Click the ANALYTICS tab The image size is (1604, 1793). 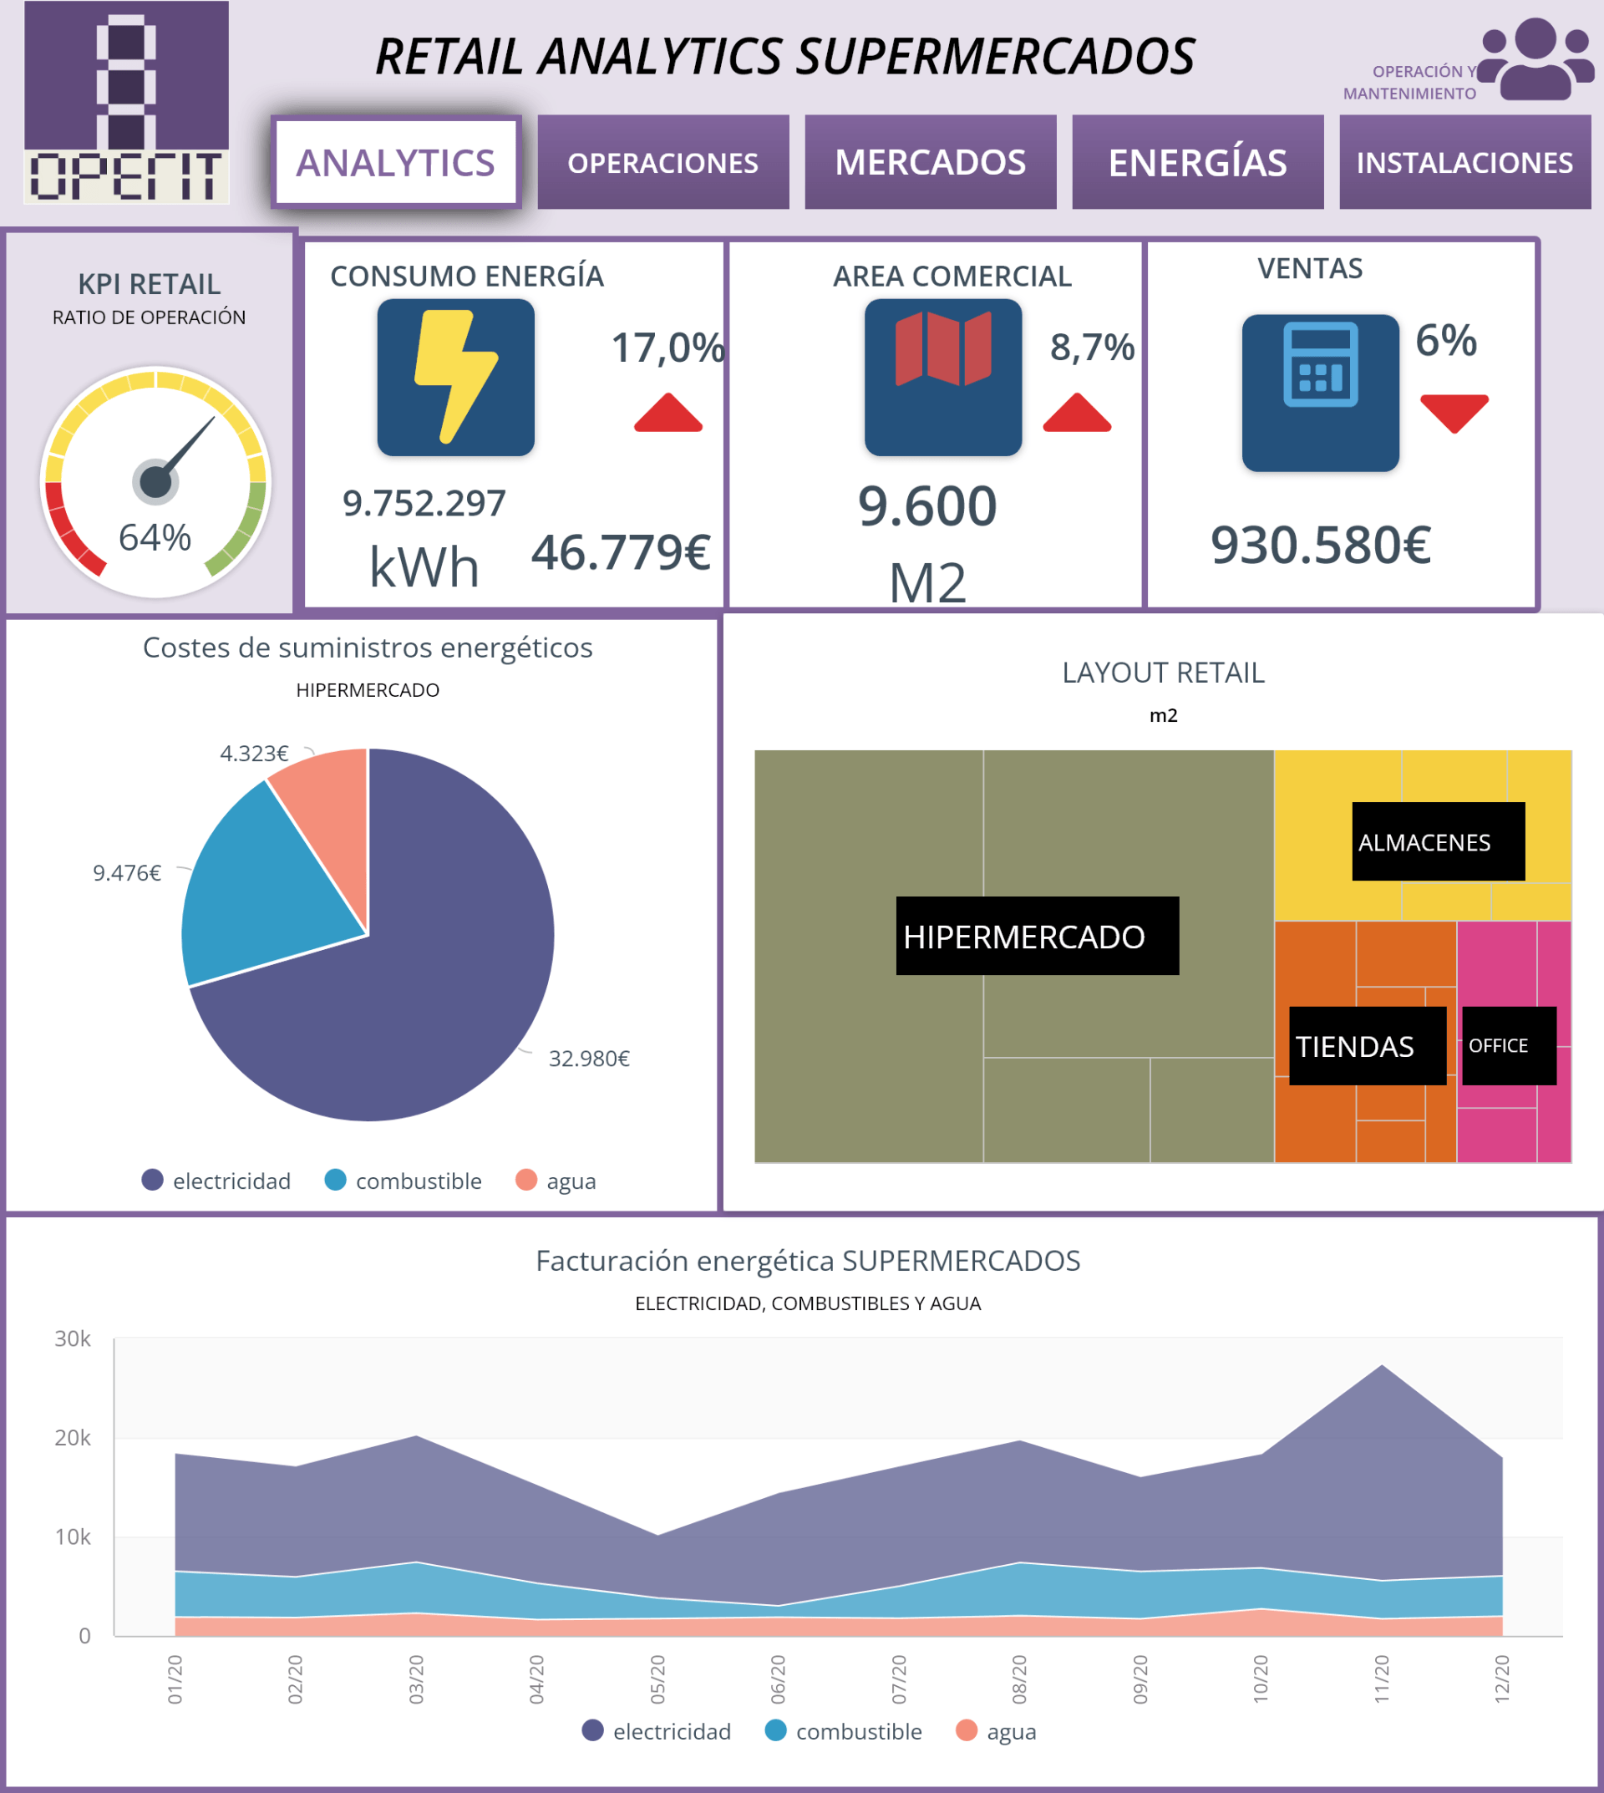click(x=396, y=162)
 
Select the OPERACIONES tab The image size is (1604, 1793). click(x=662, y=162)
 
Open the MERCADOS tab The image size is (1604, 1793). click(x=930, y=162)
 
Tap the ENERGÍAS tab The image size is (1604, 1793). click(x=1197, y=162)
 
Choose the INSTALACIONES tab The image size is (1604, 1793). click(x=1464, y=162)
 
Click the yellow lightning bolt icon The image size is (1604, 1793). click(x=456, y=378)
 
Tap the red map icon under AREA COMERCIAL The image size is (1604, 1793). click(x=943, y=348)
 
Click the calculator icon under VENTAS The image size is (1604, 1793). click(x=1320, y=365)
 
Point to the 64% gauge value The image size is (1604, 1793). click(x=155, y=537)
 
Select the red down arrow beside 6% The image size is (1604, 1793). click(x=1454, y=413)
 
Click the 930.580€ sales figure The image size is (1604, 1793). click(x=1320, y=545)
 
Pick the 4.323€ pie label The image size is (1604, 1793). click(x=254, y=754)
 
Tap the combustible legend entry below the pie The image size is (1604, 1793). click(x=404, y=1181)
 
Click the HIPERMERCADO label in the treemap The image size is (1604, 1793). click(x=1024, y=936)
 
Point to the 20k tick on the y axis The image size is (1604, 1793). click(x=73, y=1438)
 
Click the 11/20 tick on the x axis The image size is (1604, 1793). click(x=1381, y=1679)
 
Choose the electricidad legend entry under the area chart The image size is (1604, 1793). click(x=657, y=1731)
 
